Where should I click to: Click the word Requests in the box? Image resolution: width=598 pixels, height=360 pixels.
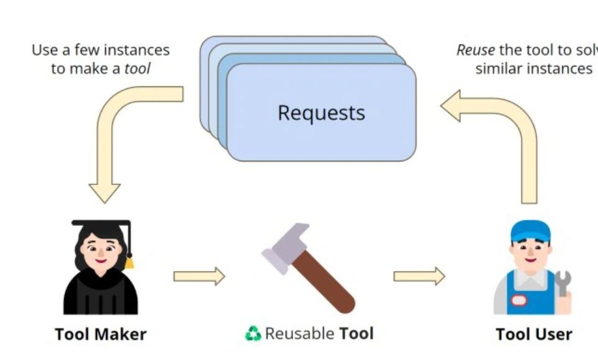tap(321, 113)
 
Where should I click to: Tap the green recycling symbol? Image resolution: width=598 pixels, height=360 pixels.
tap(253, 334)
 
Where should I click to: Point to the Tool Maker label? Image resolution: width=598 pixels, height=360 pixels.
tap(101, 334)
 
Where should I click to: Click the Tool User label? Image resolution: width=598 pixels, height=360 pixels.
tap(533, 334)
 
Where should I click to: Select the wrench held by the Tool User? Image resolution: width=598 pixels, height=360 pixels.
tap(563, 282)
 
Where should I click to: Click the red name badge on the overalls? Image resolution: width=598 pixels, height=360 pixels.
tap(519, 300)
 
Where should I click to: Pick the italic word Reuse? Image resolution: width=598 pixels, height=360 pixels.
tap(475, 50)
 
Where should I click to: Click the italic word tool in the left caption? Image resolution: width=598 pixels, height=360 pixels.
tap(137, 69)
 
